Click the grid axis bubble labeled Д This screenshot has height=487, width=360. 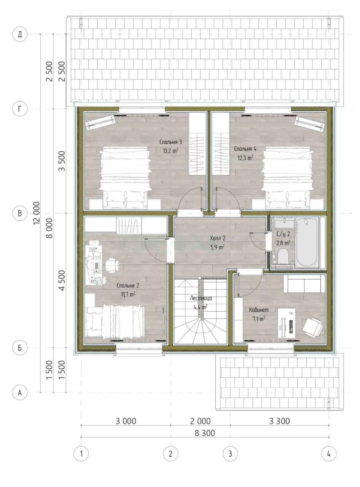(20, 34)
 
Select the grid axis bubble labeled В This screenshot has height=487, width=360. (20, 213)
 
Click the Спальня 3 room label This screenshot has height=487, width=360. (170, 142)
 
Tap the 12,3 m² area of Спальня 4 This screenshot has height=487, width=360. (245, 158)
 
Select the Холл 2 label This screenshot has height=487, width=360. (218, 239)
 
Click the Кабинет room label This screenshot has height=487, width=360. (259, 310)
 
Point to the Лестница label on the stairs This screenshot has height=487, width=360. (201, 298)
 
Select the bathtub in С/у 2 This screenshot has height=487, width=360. (307, 243)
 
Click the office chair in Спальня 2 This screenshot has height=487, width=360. (112, 266)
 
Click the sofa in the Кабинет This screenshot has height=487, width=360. (304, 283)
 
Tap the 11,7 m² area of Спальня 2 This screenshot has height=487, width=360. (128, 294)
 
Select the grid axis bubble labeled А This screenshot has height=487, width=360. (20, 392)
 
